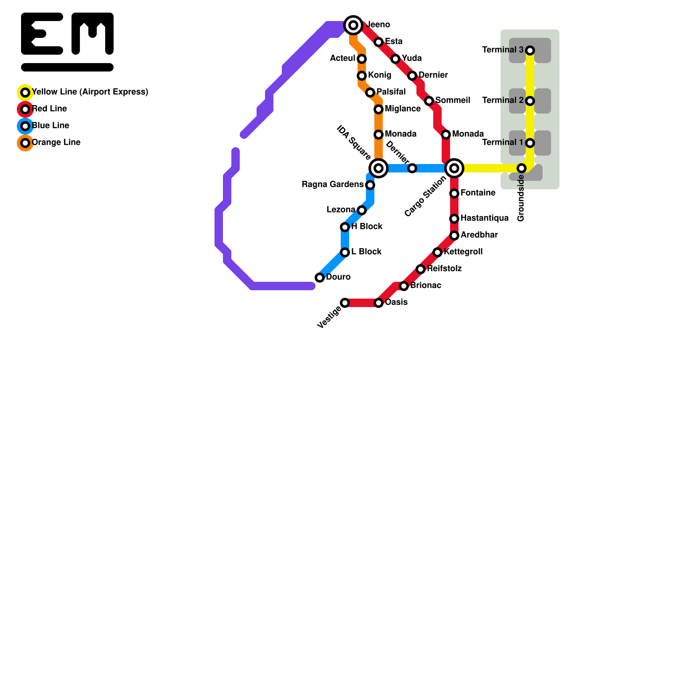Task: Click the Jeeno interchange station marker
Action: click(x=353, y=25)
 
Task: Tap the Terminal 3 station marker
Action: click(x=530, y=50)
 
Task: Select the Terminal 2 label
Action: click(x=503, y=101)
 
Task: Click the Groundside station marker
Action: click(x=522, y=168)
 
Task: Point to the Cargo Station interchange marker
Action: click(x=454, y=168)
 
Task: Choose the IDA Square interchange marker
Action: click(x=379, y=168)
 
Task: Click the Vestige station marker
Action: click(x=345, y=303)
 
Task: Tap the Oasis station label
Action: click(x=396, y=302)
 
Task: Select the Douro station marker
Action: click(x=320, y=278)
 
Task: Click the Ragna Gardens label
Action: click(x=332, y=185)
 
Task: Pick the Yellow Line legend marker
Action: click(x=25, y=93)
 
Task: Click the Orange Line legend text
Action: click(x=56, y=143)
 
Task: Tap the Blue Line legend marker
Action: click(x=25, y=126)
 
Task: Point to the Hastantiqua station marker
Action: click(x=454, y=219)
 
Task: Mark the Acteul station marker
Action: click(x=362, y=59)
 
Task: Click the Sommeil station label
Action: click(x=453, y=101)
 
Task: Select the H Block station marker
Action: click(x=345, y=227)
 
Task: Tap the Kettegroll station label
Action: click(x=463, y=252)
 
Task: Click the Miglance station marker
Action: click(x=379, y=109)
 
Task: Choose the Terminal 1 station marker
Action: click(x=530, y=143)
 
